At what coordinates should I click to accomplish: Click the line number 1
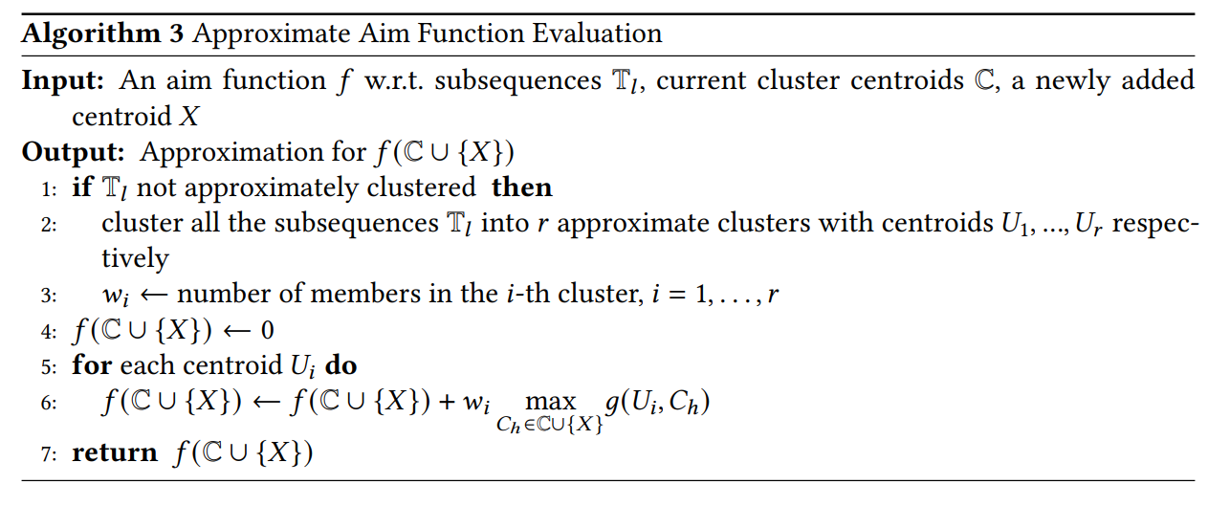tap(46, 188)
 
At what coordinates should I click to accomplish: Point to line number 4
tap(46, 331)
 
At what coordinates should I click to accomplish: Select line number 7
tap(46, 453)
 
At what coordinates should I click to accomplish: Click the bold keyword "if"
tap(82, 187)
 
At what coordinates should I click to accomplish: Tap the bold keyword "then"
tap(521, 187)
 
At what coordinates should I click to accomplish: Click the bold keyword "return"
tap(115, 452)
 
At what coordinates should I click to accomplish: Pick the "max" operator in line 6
tap(551, 402)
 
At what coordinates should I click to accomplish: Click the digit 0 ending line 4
tap(267, 331)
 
